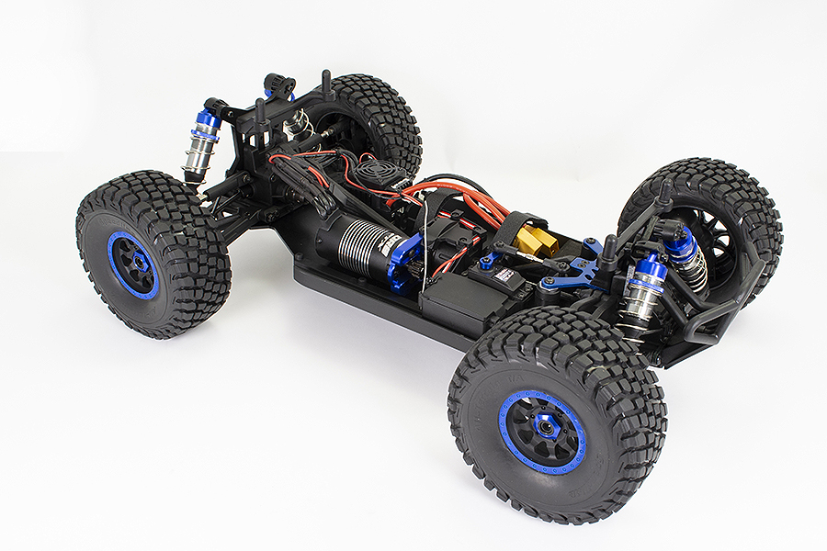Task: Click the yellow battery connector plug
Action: click(536, 241)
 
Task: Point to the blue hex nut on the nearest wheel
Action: click(543, 429)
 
